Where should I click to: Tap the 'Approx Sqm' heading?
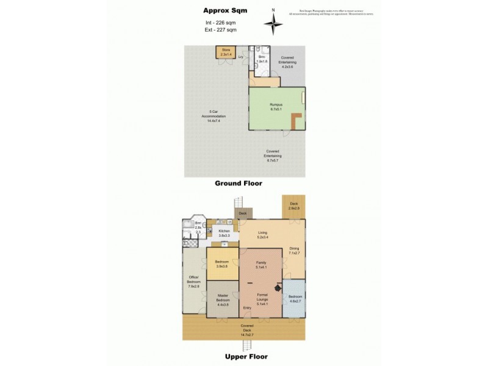(x=221, y=10)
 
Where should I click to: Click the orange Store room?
(x=226, y=52)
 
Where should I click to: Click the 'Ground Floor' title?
(x=242, y=183)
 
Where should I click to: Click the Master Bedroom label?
(x=223, y=299)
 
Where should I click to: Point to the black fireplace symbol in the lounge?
(x=278, y=290)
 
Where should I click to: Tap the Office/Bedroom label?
(x=193, y=283)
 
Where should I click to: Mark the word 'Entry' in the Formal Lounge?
(x=247, y=308)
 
